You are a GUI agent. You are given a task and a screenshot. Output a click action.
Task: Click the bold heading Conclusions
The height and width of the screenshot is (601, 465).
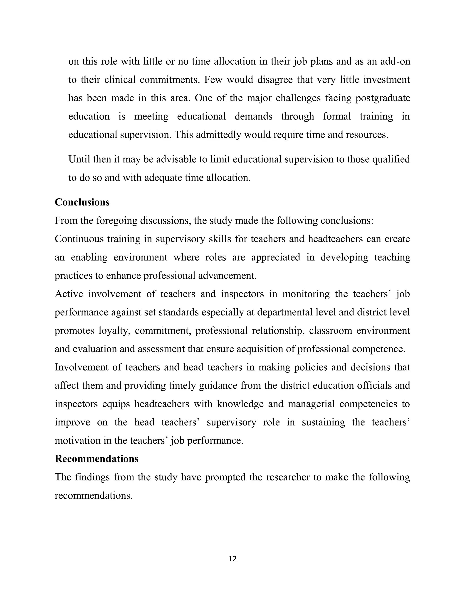82,202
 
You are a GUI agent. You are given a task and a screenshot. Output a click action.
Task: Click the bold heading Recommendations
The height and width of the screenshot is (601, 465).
96,459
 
